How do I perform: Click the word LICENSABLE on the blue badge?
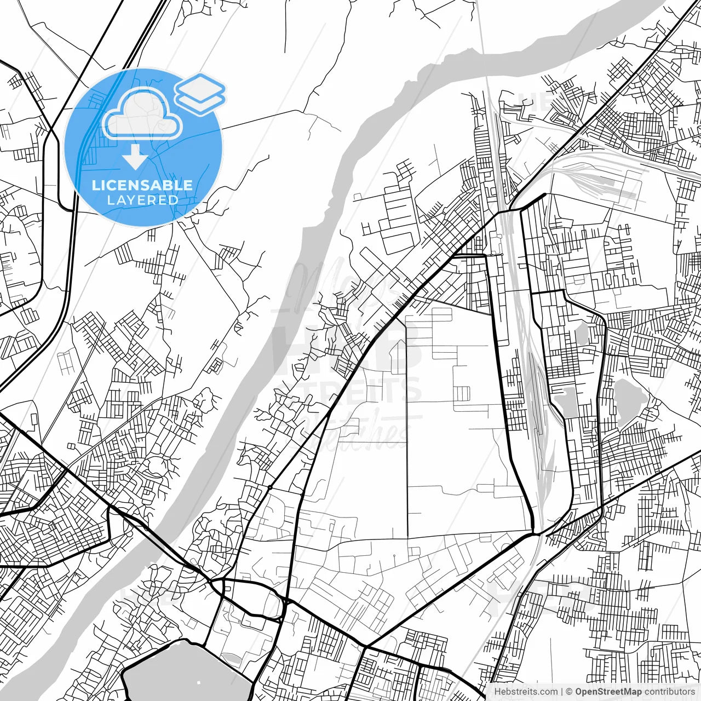(x=142, y=185)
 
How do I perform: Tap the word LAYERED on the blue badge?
(x=142, y=200)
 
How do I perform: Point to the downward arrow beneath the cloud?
(x=135, y=157)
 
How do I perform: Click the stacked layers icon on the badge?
(x=200, y=93)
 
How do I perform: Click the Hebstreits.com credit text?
(x=526, y=692)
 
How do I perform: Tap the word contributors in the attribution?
(x=669, y=692)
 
